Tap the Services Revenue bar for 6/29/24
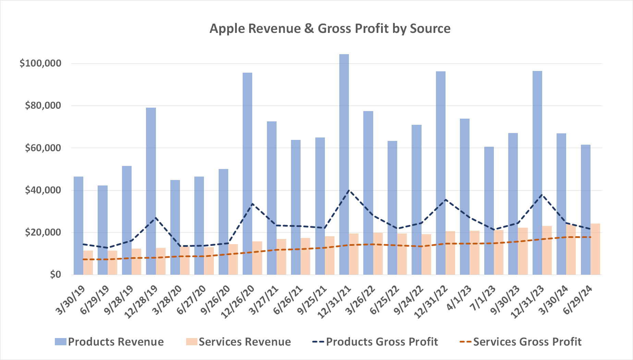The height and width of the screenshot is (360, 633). (595, 249)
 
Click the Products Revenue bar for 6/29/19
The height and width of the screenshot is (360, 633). (102, 230)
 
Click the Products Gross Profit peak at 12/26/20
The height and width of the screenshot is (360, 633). (252, 204)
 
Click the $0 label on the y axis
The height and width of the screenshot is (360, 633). (56, 275)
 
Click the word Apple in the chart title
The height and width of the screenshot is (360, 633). (228, 28)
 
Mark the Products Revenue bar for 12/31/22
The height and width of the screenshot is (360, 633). (441, 171)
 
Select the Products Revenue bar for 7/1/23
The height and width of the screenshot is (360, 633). (489, 211)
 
